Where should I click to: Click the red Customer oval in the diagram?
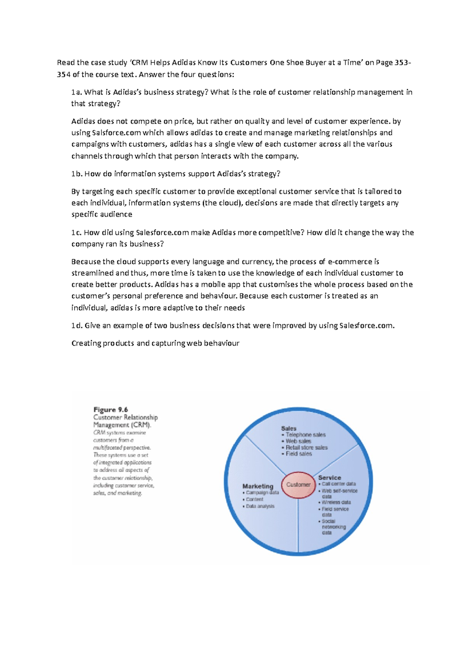click(x=298, y=485)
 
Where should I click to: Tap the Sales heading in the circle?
click(x=289, y=428)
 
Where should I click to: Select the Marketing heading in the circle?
click(x=258, y=486)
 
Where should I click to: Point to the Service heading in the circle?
click(x=330, y=478)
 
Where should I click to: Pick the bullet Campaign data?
click(x=262, y=493)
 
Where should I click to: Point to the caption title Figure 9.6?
click(x=111, y=410)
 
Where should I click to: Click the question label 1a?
click(x=76, y=92)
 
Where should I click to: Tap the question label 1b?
click(x=77, y=174)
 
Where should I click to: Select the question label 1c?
click(x=76, y=233)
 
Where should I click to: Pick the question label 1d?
click(x=77, y=326)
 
